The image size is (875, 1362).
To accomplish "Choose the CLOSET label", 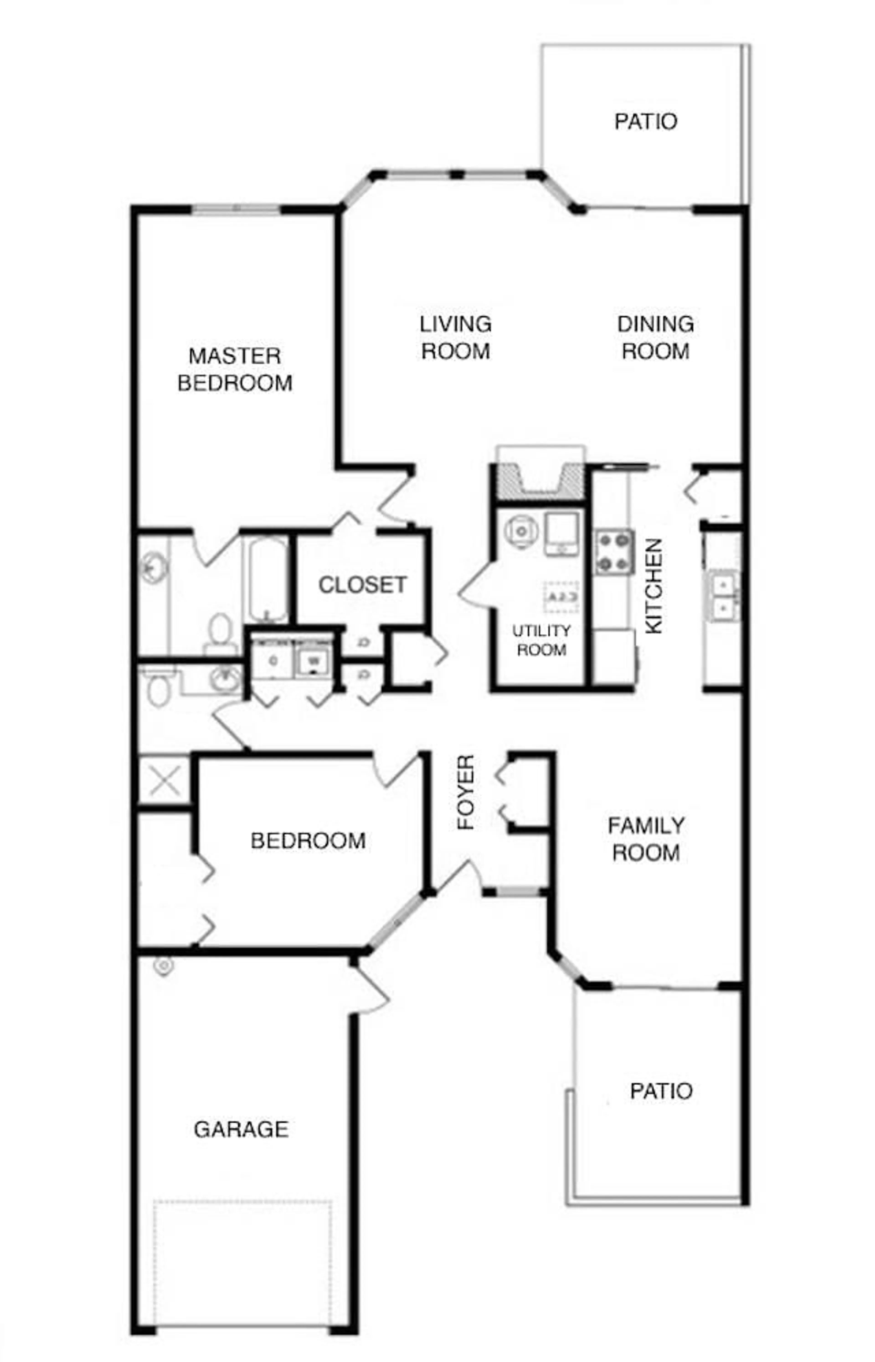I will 363,585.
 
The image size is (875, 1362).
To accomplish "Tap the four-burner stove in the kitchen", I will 614,551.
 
